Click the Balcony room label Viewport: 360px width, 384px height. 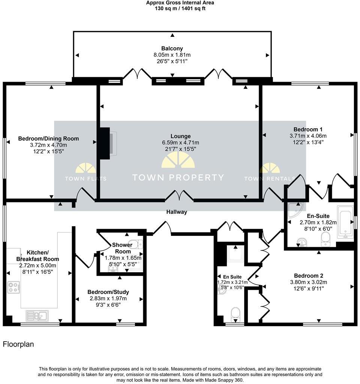click(x=172, y=48)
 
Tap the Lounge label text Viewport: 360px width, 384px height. click(x=180, y=136)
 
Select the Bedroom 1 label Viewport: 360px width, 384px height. click(x=308, y=129)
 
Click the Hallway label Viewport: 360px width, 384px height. click(x=177, y=212)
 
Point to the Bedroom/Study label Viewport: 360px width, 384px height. click(x=108, y=292)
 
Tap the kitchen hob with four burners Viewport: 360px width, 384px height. click(x=14, y=288)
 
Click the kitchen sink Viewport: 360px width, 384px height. click(x=37, y=316)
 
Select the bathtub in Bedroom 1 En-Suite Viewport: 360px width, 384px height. click(x=345, y=222)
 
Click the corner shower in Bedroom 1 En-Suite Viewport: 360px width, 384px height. click(x=295, y=210)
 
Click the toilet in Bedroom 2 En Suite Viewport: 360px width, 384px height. click(x=236, y=315)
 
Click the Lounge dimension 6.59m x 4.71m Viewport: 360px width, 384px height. click(x=180, y=142)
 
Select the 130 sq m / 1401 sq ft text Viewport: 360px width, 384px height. click(x=180, y=9)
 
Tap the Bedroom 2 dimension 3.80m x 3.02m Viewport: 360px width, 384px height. click(x=309, y=282)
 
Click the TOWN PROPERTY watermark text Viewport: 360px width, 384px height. click(x=178, y=177)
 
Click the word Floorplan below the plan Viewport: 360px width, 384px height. click(x=18, y=344)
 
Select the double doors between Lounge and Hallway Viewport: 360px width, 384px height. click(x=179, y=195)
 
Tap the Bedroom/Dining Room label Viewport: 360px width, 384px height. click(x=48, y=139)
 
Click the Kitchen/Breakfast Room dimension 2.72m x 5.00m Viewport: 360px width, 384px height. click(x=38, y=265)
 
